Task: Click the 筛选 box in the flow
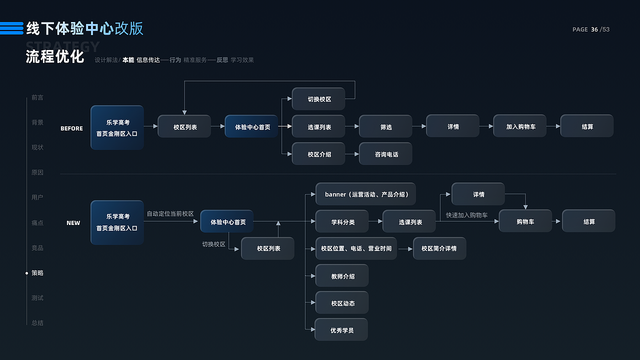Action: click(x=385, y=126)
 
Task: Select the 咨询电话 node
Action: click(x=385, y=154)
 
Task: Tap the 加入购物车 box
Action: click(x=520, y=126)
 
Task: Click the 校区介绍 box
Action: click(x=318, y=154)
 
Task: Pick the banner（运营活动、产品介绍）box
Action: click(x=365, y=194)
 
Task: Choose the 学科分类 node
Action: click(x=342, y=221)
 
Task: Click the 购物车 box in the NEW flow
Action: click(x=525, y=221)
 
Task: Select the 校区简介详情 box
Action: click(x=439, y=248)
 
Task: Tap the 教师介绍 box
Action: click(x=342, y=276)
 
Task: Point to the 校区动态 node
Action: click(x=342, y=303)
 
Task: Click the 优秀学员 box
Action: click(x=341, y=330)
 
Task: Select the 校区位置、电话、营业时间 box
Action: click(x=356, y=248)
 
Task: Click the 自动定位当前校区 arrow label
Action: click(x=170, y=213)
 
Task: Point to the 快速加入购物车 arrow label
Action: click(x=466, y=215)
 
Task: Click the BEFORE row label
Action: click(x=71, y=128)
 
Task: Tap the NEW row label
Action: click(x=73, y=223)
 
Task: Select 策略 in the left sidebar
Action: click(x=37, y=273)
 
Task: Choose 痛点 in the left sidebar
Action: click(x=37, y=223)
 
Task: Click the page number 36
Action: click(x=594, y=29)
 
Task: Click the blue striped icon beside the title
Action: click(x=11, y=28)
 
